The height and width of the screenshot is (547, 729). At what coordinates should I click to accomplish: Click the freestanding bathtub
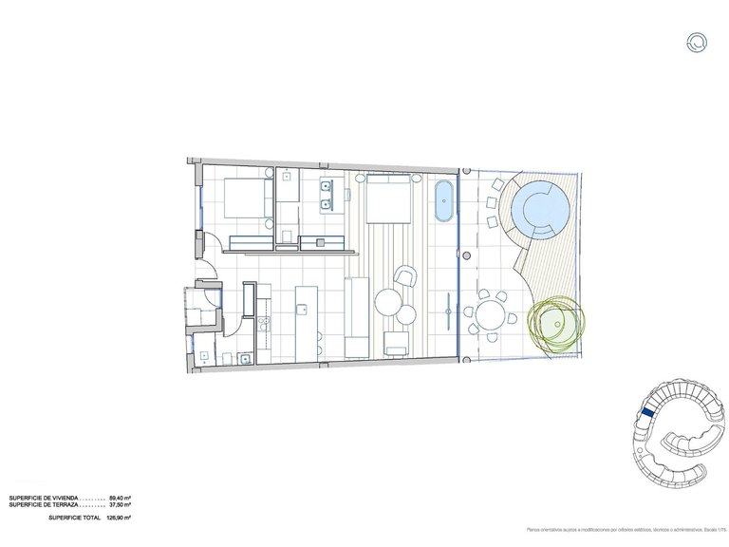(444, 202)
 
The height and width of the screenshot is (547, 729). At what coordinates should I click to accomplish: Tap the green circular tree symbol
(554, 323)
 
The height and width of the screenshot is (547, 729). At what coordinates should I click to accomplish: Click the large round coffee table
(388, 303)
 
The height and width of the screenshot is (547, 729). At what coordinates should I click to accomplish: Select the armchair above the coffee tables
(405, 277)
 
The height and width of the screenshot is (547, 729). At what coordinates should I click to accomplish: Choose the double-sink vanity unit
(327, 194)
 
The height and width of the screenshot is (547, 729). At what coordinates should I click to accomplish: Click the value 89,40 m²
(120, 499)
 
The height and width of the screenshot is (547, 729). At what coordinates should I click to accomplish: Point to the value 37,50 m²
(120, 506)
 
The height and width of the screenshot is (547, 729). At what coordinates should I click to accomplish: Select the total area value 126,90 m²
(118, 519)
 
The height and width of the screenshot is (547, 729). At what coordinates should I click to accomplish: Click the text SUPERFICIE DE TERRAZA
(44, 506)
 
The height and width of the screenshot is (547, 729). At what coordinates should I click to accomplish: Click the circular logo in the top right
(698, 41)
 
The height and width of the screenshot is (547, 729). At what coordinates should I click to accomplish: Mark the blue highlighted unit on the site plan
(646, 411)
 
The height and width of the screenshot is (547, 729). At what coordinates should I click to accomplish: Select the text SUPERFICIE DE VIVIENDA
(44, 499)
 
